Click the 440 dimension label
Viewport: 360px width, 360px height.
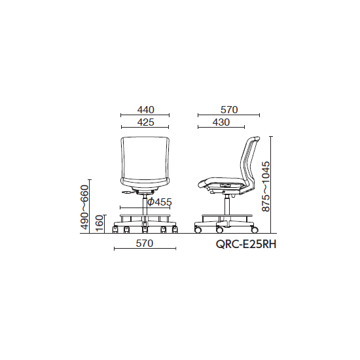[145, 110]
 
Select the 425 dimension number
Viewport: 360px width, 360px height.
[145, 122]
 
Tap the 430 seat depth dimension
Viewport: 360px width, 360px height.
[221, 122]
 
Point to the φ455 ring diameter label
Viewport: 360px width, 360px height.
[160, 202]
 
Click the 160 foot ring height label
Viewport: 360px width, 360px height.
[99, 224]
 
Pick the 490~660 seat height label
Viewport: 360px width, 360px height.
[84, 207]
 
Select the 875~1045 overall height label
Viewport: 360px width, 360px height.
[266, 186]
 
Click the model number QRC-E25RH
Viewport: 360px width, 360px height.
[246, 245]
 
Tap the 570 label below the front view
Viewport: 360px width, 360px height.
[145, 243]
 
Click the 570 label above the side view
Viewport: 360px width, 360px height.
[229, 110]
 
